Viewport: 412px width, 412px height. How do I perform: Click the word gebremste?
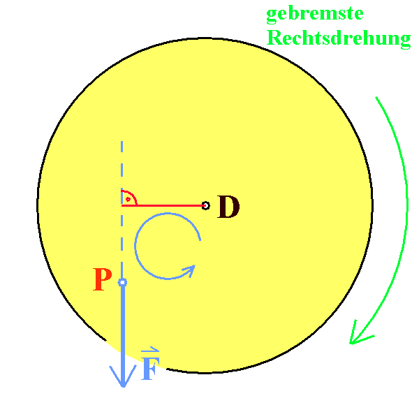point(315,15)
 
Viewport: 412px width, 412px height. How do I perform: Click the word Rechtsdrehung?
point(339,39)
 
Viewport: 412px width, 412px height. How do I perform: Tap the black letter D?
point(228,207)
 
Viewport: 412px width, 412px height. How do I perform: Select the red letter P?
point(103,279)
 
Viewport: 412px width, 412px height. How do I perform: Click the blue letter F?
point(150,368)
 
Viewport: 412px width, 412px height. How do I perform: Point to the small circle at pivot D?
point(206,205)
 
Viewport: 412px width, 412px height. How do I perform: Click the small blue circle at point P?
point(122,282)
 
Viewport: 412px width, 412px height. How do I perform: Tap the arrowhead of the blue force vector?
point(123,376)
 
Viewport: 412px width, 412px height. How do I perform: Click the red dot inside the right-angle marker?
point(128,199)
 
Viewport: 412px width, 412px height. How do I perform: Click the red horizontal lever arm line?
point(163,205)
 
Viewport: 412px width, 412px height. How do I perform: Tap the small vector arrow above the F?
point(150,349)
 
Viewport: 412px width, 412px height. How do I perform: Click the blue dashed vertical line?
point(122,209)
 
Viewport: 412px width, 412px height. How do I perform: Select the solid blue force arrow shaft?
point(123,334)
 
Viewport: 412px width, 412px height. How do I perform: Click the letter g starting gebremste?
point(272,16)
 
